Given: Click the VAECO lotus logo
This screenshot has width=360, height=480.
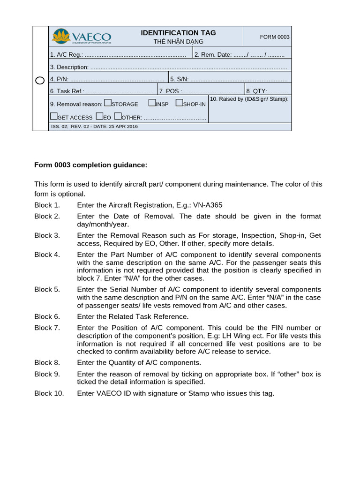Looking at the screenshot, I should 61,36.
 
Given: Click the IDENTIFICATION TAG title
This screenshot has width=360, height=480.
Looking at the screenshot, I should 178,33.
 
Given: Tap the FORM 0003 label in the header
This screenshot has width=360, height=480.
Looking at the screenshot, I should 275,37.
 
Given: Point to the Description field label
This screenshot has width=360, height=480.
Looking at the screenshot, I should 69,67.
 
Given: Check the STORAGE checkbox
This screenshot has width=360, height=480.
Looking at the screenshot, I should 107,103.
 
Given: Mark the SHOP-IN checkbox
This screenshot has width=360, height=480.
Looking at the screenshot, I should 179,103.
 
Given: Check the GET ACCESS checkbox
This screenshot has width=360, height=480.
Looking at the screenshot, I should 53,116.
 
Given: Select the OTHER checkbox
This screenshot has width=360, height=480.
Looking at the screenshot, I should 118,116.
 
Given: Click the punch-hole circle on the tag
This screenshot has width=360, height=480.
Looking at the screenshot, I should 40,80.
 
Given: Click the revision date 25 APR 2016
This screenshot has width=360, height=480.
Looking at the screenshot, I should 123,127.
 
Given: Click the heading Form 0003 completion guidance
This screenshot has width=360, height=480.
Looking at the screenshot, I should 91,165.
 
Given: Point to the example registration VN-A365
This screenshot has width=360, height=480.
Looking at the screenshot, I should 207,205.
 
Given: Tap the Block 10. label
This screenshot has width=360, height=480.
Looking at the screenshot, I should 49,393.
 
